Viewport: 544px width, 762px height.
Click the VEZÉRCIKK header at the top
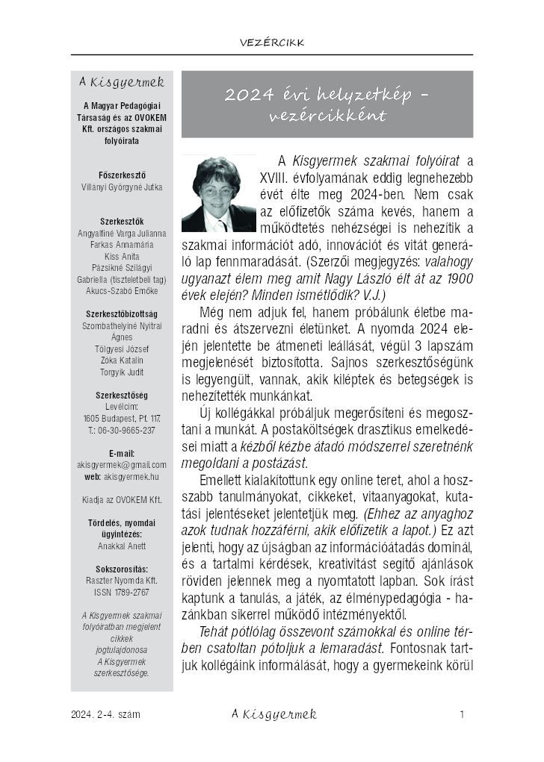(273, 43)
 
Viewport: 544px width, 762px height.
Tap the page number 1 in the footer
(463, 714)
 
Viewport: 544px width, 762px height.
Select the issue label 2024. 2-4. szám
(105, 715)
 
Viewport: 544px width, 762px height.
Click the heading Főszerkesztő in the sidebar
(122, 175)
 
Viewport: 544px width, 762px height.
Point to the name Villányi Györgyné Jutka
(122, 187)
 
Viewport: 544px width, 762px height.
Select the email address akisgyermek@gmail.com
(122, 464)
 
